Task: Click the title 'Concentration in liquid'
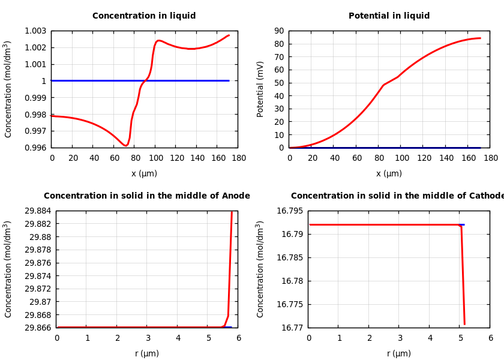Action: pyautogui.click(x=144, y=16)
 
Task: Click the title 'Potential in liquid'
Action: pyautogui.click(x=389, y=16)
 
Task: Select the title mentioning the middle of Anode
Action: pyautogui.click(x=147, y=196)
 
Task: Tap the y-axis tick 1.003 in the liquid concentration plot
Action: pyautogui.click(x=35, y=31)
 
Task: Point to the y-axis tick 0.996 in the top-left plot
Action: pyautogui.click(x=35, y=148)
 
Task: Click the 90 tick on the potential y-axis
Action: pyautogui.click(x=279, y=31)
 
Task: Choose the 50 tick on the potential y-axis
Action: pyautogui.click(x=279, y=83)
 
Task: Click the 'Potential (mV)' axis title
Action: pyautogui.click(x=260, y=89)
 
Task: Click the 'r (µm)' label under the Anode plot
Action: pyautogui.click(x=147, y=354)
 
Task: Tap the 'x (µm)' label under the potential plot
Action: pyautogui.click(x=389, y=174)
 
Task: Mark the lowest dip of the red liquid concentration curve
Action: pyautogui.click(x=125, y=145)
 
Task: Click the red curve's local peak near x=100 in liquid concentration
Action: pyautogui.click(x=158, y=41)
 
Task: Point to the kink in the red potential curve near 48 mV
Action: pyautogui.click(x=383, y=85)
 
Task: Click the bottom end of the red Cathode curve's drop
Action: pyautogui.click(x=464, y=324)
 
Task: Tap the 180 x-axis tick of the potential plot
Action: pyautogui.click(x=491, y=158)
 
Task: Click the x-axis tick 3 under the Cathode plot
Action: pyautogui.click(x=399, y=338)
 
